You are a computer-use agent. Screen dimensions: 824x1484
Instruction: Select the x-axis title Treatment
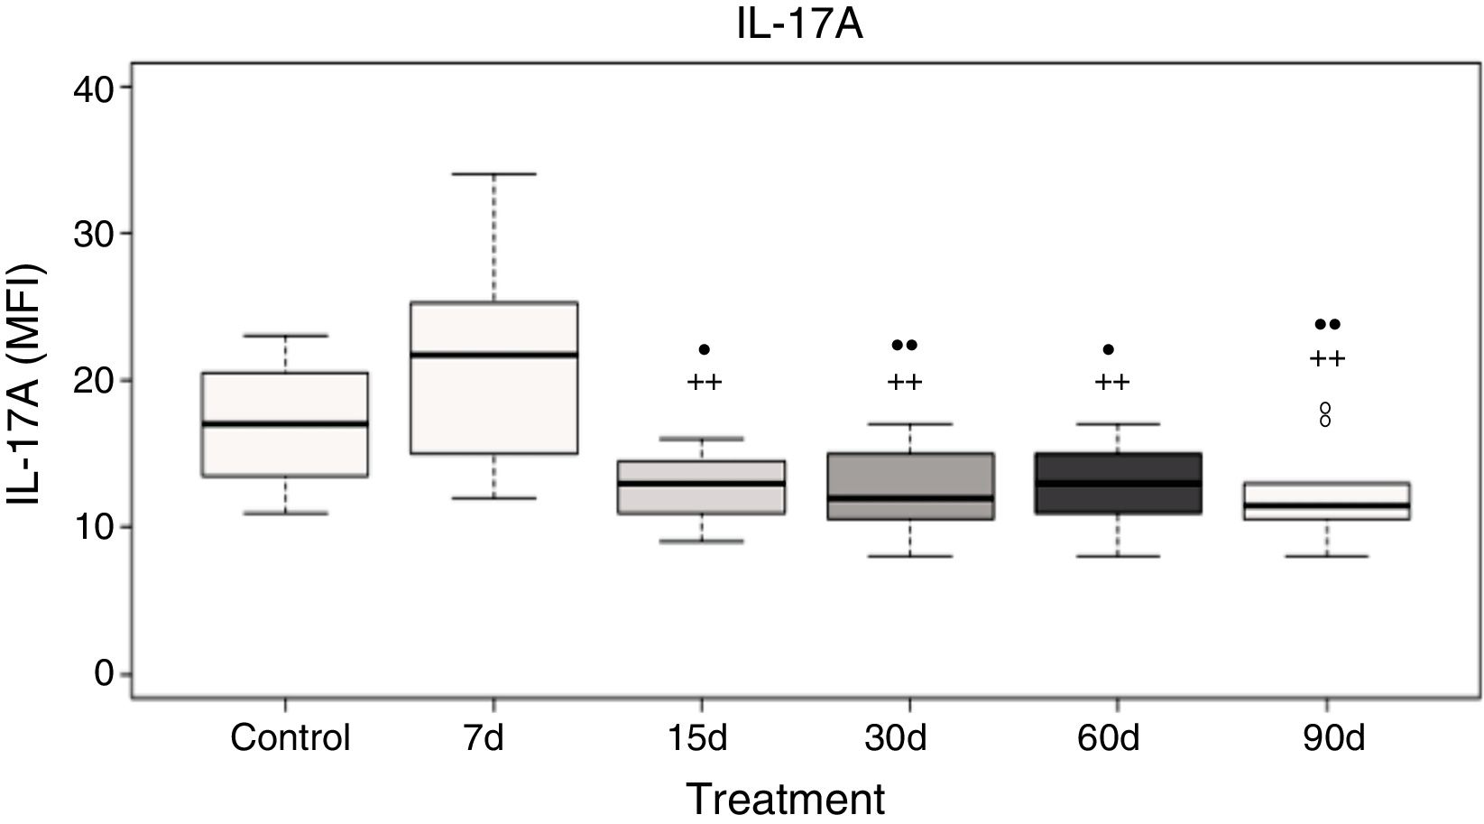click(x=786, y=800)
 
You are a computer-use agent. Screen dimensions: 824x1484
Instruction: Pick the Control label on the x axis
click(x=290, y=738)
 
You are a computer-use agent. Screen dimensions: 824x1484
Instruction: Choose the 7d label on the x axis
click(x=493, y=738)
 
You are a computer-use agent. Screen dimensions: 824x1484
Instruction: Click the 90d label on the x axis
click(x=1326, y=738)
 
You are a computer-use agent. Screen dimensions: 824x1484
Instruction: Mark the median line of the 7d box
click(x=493, y=355)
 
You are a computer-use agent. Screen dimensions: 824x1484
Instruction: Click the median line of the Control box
click(x=285, y=423)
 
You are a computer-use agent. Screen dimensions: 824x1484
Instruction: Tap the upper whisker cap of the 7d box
click(x=493, y=173)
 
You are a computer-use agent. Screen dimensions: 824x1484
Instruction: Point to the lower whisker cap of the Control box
click(x=285, y=513)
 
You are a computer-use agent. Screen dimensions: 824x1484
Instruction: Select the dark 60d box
click(x=1118, y=469)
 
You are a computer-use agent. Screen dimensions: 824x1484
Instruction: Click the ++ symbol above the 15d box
click(x=705, y=382)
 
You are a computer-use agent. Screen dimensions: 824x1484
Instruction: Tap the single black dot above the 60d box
click(x=1109, y=349)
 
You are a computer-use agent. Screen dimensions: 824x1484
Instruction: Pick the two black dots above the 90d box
click(x=1327, y=324)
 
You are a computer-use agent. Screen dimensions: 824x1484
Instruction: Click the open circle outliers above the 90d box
click(x=1325, y=414)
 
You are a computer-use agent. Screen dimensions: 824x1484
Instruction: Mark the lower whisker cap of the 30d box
click(x=909, y=556)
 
